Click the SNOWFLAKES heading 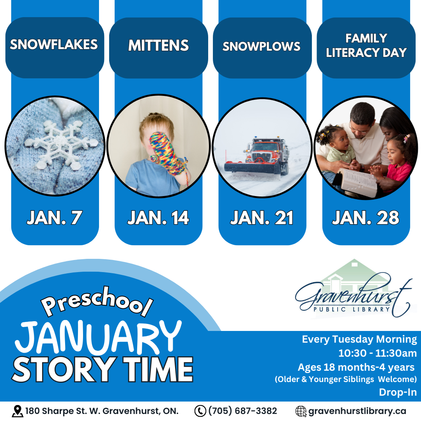54,44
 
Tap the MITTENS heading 158,45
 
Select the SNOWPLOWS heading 261,46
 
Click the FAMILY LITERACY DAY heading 366,46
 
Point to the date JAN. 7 55,218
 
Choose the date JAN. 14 158,218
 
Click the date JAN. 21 262,218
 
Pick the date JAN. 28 365,218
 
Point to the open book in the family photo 357,182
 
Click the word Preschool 97,301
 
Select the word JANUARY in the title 98,338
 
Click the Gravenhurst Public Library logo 354,288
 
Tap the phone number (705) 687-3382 242,411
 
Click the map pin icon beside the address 17,411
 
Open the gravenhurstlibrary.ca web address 357,411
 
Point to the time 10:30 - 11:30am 377,353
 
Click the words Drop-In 398,392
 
